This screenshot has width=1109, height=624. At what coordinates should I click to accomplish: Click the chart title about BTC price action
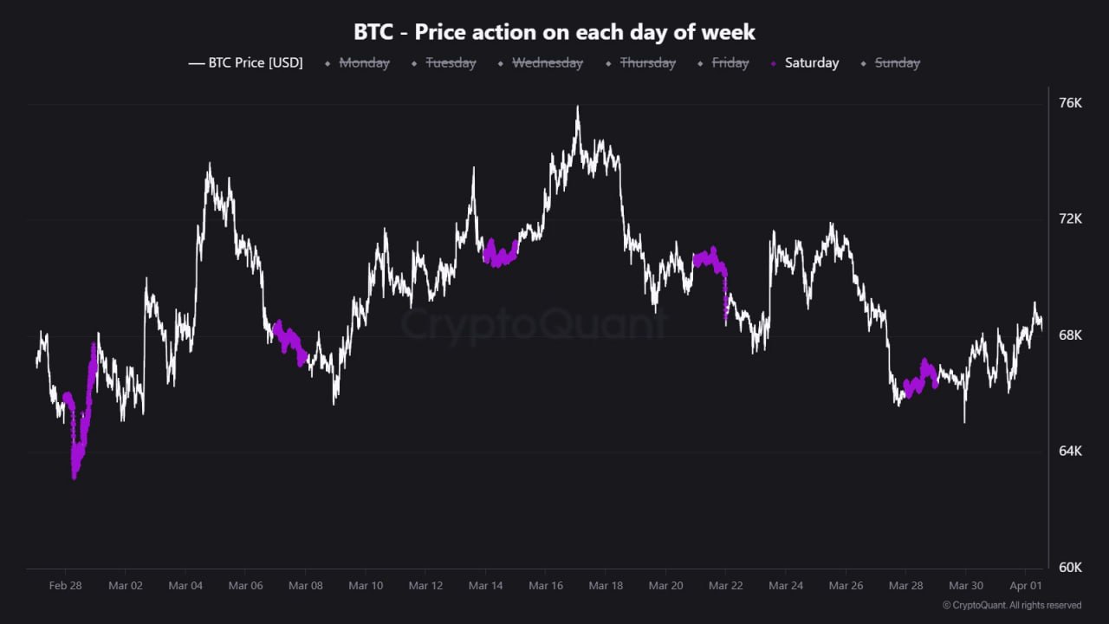click(x=554, y=32)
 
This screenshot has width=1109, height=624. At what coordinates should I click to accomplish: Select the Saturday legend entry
click(x=811, y=62)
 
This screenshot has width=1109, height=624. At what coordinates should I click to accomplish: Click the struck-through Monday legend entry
click(x=364, y=62)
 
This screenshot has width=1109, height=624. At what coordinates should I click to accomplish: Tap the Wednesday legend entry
click(x=547, y=62)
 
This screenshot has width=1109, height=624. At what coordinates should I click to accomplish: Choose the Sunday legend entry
click(x=897, y=62)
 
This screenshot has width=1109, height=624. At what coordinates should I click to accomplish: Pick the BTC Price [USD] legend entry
click(x=255, y=62)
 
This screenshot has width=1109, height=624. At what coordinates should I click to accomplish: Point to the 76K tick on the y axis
click(x=1071, y=103)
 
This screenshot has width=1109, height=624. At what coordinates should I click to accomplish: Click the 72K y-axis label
click(x=1071, y=219)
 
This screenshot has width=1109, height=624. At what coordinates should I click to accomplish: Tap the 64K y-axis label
click(x=1071, y=452)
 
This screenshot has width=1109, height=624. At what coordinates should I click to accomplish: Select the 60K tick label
click(x=1071, y=568)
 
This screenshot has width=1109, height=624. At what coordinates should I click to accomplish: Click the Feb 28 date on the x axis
click(x=65, y=586)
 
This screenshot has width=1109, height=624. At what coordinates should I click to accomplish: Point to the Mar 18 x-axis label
click(x=605, y=586)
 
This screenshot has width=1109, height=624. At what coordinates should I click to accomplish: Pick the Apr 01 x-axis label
click(x=1025, y=586)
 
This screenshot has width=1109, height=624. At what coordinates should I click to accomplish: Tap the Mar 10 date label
click(x=365, y=586)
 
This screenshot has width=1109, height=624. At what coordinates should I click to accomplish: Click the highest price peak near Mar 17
click(x=577, y=108)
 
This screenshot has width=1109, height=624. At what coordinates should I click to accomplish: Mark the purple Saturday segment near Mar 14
click(x=500, y=254)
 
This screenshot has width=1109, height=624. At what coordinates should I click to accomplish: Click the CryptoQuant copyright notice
click(x=1011, y=605)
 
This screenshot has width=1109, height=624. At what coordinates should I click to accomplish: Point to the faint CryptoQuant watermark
click(x=533, y=325)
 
